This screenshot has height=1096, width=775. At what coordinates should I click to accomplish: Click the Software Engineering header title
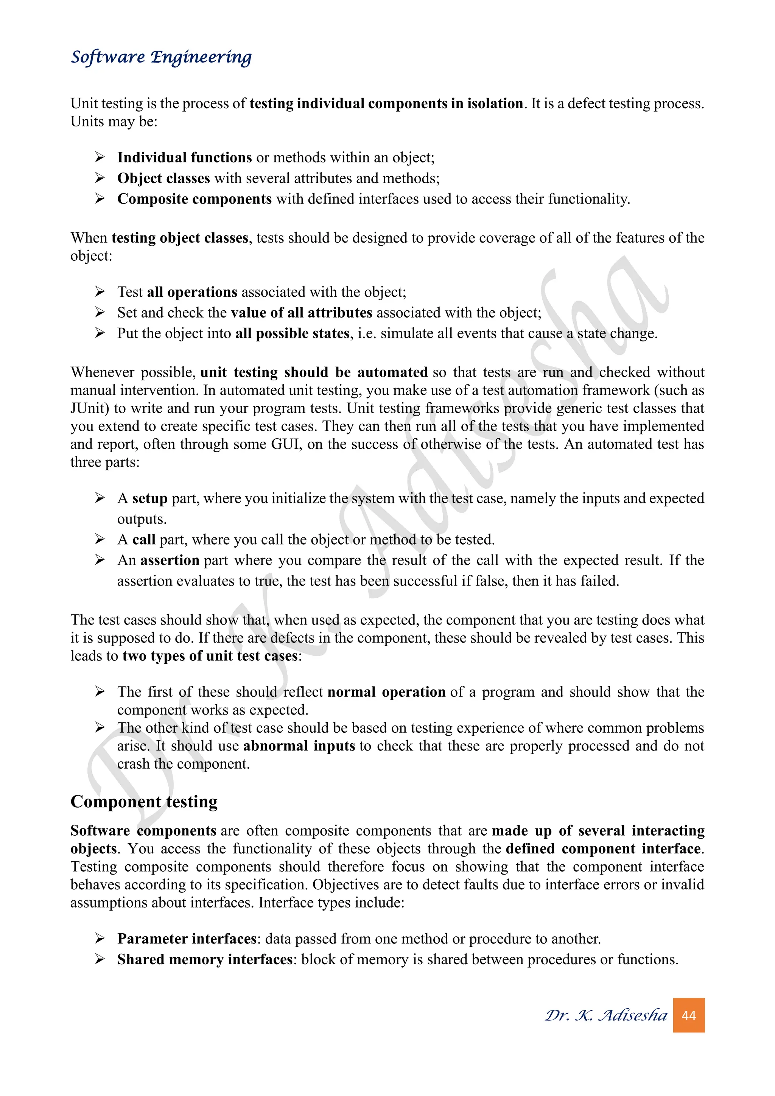[161, 57]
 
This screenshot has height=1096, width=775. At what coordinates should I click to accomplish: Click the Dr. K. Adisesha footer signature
[606, 1015]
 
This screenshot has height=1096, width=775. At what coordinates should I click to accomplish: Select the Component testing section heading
[144, 802]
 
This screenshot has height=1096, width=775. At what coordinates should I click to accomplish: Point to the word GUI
[286, 444]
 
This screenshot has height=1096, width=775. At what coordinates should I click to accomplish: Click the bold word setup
[149, 498]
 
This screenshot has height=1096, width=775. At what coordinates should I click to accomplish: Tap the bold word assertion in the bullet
[170, 560]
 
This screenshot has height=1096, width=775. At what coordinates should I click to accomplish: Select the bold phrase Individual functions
[184, 157]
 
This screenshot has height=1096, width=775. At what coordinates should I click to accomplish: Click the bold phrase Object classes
[163, 178]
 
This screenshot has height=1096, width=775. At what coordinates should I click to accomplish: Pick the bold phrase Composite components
[194, 199]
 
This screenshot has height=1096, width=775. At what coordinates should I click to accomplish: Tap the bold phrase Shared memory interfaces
[205, 959]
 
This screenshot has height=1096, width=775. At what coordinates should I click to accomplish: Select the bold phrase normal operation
[386, 692]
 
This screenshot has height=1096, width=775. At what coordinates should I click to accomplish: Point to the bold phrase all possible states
[292, 333]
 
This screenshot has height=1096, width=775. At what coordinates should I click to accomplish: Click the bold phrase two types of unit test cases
[210, 656]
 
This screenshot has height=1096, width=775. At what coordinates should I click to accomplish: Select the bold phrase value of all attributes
[301, 313]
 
